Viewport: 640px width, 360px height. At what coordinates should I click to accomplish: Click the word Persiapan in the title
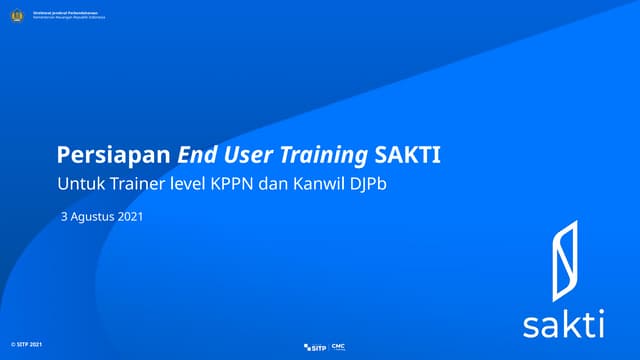pos(114,156)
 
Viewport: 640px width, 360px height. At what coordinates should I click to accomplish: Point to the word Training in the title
pos(322,156)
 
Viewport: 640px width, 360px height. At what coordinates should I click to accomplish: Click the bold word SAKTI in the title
pos(407,156)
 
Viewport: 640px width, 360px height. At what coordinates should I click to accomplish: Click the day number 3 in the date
pos(64,216)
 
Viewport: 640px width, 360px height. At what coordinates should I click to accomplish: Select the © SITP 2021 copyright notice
pos(27,344)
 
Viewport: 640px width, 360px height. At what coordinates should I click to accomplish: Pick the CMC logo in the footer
pos(338,346)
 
